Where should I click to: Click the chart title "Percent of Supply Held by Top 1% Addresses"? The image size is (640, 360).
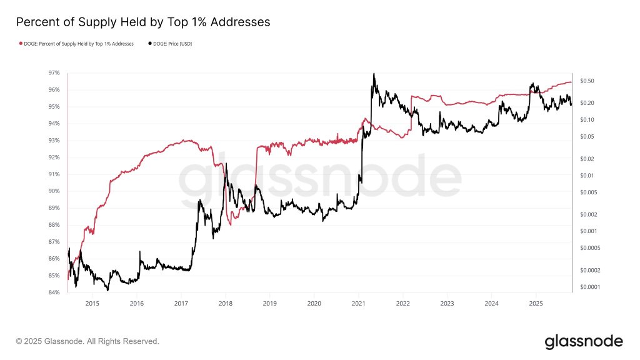tap(142, 22)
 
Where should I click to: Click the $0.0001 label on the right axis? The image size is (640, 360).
tap(590, 287)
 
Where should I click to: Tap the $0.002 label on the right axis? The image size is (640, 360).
tap(588, 214)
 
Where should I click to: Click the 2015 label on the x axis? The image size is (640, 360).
tap(92, 304)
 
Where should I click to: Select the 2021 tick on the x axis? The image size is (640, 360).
tap(358, 304)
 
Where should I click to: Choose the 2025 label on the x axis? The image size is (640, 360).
tap(536, 304)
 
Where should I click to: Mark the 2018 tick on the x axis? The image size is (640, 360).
tap(225, 304)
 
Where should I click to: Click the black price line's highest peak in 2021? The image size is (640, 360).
tap(374, 74)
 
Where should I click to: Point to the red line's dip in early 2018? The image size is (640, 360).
tap(229, 224)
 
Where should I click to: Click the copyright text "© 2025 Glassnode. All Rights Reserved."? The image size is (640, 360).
tap(87, 341)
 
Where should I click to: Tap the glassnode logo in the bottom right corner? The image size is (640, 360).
tap(583, 341)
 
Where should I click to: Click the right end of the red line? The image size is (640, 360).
tap(571, 82)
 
